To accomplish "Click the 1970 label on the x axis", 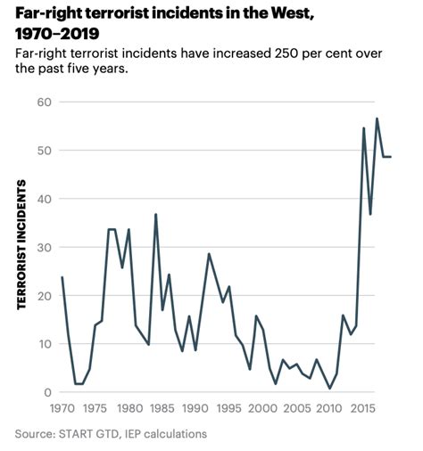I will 62,409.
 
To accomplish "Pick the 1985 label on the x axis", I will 162,409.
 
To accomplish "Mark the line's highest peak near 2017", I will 377,118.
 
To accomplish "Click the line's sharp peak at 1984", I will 155,214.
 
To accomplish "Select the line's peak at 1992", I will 209,254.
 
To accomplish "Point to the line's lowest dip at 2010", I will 329,389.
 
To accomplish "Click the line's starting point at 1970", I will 62,277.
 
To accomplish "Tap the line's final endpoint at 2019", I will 390,157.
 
